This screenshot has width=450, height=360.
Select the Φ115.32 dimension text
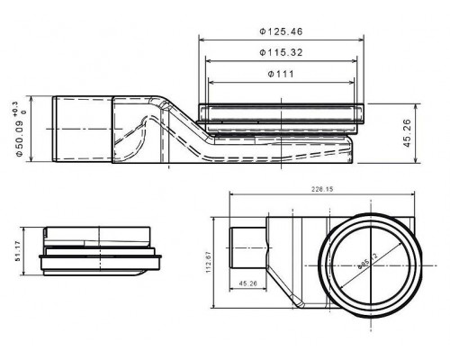point(282,53)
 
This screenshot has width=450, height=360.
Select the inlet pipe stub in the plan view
point(244,246)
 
